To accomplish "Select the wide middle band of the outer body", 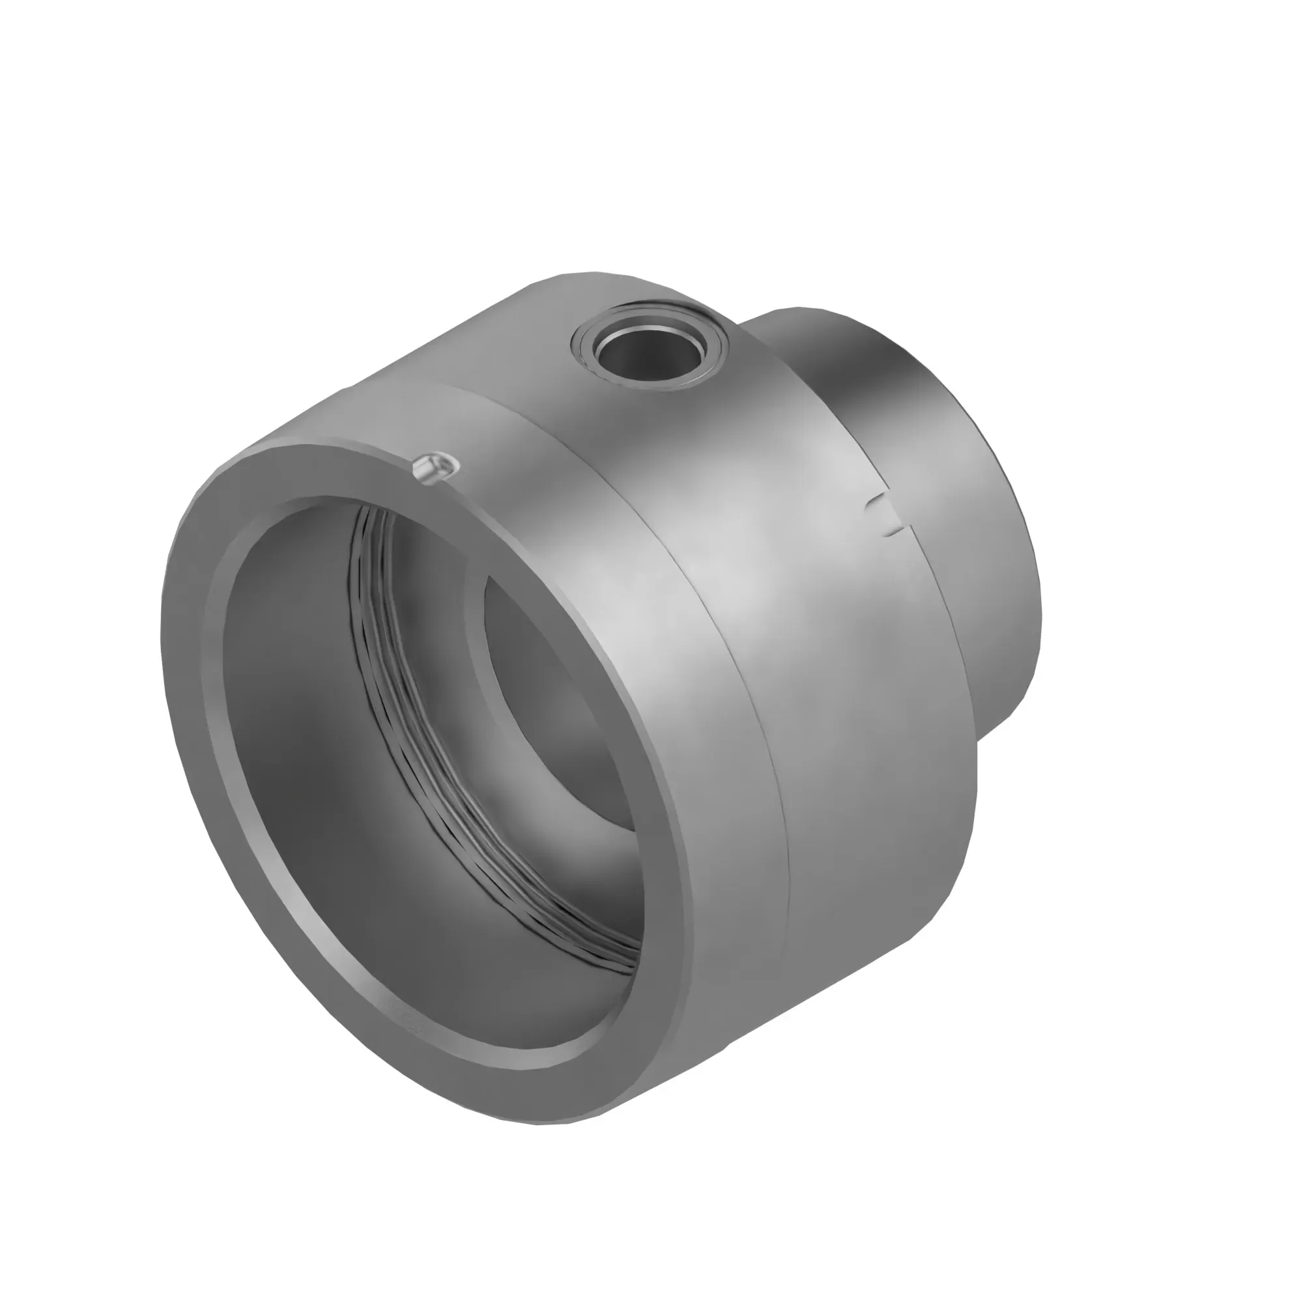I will pyautogui.click(x=809, y=607).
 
